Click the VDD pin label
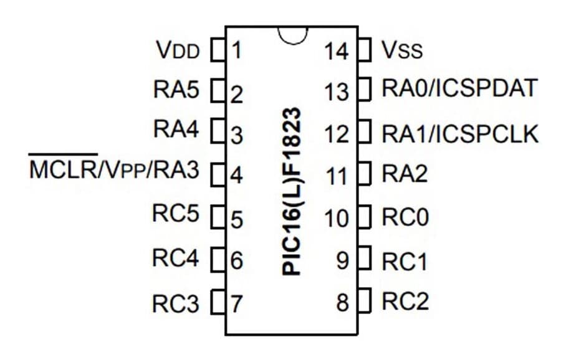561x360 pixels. [x=178, y=50]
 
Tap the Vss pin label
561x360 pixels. [x=402, y=50]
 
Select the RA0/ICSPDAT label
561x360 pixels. [x=460, y=88]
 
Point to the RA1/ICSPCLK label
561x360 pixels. [x=460, y=134]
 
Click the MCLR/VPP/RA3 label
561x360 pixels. [x=114, y=168]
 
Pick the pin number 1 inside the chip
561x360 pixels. [x=236, y=50]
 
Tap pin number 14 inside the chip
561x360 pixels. [x=337, y=51]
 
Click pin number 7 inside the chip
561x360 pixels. [x=236, y=304]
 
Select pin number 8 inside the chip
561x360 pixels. [x=342, y=303]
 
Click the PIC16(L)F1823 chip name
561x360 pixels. [x=292, y=191]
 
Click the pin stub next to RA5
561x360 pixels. [x=218, y=90]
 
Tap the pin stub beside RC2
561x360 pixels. [x=364, y=301]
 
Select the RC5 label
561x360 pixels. [x=175, y=213]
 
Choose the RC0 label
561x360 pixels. [x=405, y=217]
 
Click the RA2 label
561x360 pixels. [x=405, y=174]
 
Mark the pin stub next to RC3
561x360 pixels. [x=218, y=302]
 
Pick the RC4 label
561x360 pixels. [x=175, y=257]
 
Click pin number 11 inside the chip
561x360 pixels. [x=337, y=176]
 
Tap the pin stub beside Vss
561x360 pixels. [x=364, y=50]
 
